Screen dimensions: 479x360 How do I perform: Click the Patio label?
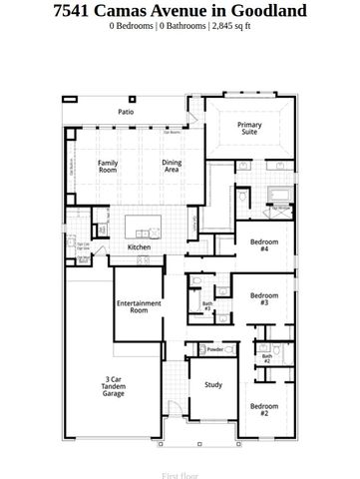pyautogui.click(x=127, y=113)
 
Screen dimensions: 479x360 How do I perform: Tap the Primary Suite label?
pyautogui.click(x=249, y=129)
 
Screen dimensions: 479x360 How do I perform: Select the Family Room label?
pyautogui.click(x=107, y=167)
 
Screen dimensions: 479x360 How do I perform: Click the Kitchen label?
pyautogui.click(x=139, y=246)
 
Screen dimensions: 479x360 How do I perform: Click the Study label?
pyautogui.click(x=213, y=384)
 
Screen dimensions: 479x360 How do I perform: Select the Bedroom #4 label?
pyautogui.click(x=262, y=245)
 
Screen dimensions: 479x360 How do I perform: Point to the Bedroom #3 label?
pyautogui.click(x=262, y=299)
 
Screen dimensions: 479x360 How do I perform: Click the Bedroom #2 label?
pyautogui.click(x=264, y=409)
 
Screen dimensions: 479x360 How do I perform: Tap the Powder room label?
pyautogui.click(x=213, y=350)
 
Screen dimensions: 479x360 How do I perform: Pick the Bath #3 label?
pyautogui.click(x=207, y=306)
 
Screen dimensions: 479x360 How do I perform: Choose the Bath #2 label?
pyautogui.click(x=266, y=358)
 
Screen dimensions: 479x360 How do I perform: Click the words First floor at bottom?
pyautogui.click(x=180, y=463)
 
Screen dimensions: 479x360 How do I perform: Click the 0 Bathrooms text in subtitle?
pyautogui.click(x=184, y=27)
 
